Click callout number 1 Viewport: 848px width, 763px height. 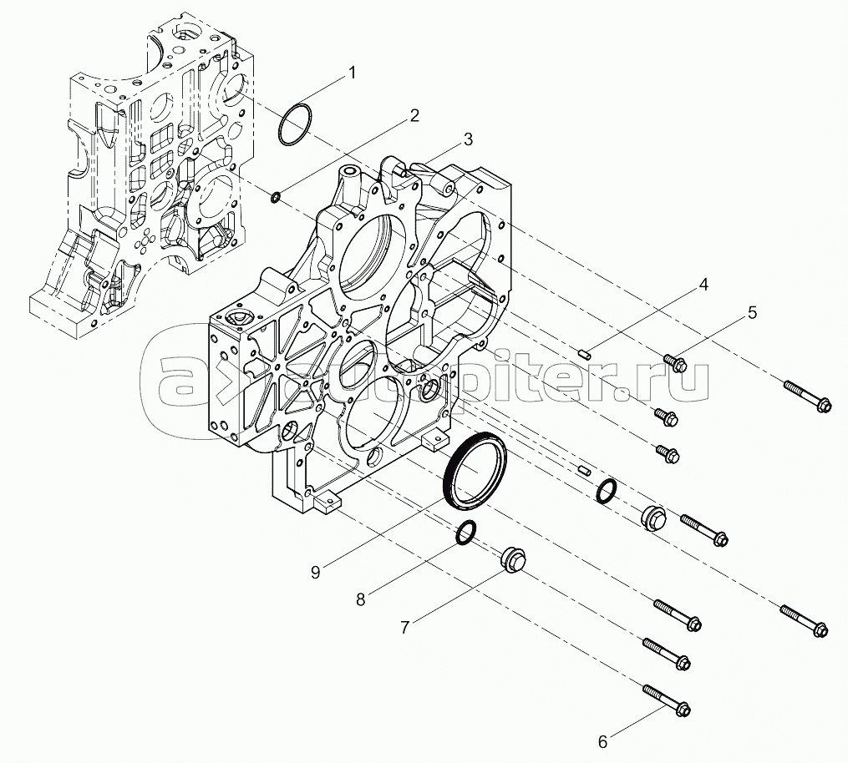[352, 73]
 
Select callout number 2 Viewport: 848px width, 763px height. [413, 116]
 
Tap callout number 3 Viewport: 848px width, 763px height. [469, 139]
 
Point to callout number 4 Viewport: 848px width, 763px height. [703, 285]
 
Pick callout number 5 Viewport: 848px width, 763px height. [752, 313]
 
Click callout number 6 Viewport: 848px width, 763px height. [603, 740]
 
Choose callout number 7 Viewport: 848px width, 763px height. [404, 628]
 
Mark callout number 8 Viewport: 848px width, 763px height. [361, 599]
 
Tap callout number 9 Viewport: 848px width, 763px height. [315, 572]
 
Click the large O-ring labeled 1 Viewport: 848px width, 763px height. [293, 124]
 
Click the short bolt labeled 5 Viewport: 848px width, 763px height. [674, 363]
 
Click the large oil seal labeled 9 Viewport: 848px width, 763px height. [477, 473]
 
